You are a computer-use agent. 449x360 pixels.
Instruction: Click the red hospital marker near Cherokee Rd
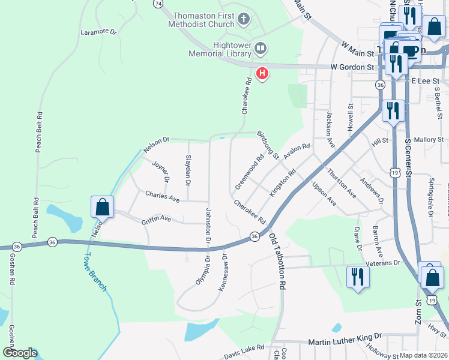click(x=262, y=74)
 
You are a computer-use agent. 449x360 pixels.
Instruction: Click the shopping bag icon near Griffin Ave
click(x=103, y=206)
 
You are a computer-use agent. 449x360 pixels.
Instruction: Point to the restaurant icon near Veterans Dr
click(x=358, y=277)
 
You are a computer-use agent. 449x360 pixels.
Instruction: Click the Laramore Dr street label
click(x=98, y=31)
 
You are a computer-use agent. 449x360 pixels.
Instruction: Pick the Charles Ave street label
click(x=162, y=196)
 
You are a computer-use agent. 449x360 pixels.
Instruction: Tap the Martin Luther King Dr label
click(x=345, y=340)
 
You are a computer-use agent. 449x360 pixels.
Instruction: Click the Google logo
click(x=19, y=353)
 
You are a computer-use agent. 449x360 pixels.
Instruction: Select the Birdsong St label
click(x=268, y=145)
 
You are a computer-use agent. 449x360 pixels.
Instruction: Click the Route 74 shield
click(x=158, y=3)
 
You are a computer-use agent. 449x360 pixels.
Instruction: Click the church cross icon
click(x=243, y=20)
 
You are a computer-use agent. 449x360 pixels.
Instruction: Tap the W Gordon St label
click(x=353, y=67)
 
